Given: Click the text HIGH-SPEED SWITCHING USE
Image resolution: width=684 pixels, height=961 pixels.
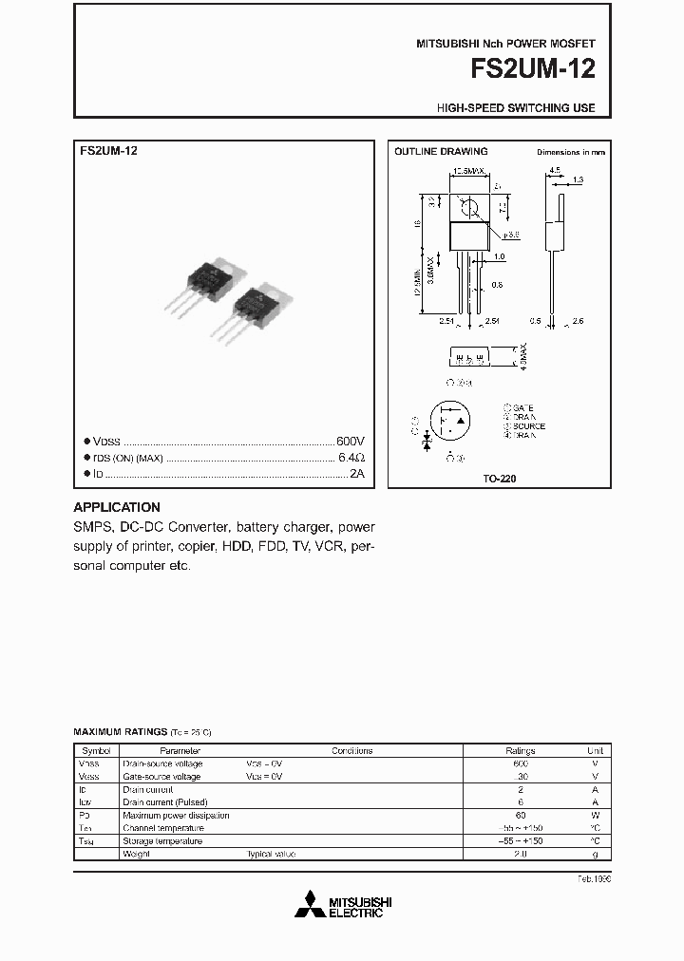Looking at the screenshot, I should pos(516,108).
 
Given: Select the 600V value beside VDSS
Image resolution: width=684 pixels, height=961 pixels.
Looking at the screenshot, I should pos(351,442).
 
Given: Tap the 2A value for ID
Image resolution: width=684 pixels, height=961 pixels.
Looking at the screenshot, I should pos(356,473).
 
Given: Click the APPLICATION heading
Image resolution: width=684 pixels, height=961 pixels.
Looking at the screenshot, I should pos(117,507).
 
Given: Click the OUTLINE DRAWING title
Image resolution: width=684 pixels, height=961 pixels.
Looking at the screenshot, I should pos(441,151).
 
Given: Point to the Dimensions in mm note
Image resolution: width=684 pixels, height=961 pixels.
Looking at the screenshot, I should pos(571,152).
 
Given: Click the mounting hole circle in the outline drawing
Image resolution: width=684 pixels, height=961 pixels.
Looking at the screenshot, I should pos(467,204).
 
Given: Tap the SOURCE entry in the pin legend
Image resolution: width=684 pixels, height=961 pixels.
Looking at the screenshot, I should pos(529,426).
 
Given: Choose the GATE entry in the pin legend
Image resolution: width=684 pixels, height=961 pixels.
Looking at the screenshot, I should pos(523,407).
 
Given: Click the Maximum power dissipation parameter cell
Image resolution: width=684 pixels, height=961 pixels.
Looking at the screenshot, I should pos(176,816).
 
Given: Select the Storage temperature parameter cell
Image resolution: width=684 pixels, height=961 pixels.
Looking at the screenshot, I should pos(162,841).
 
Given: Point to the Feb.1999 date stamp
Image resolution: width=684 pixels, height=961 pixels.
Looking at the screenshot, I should pos(595,878).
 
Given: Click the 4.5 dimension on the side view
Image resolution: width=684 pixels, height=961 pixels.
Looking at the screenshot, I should pos(554,171).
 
